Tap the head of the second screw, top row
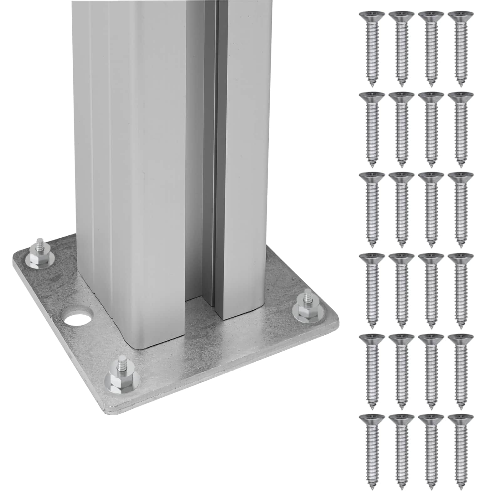pyautogui.click(x=401, y=15)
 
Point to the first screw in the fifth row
pyautogui.click(x=372, y=366)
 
